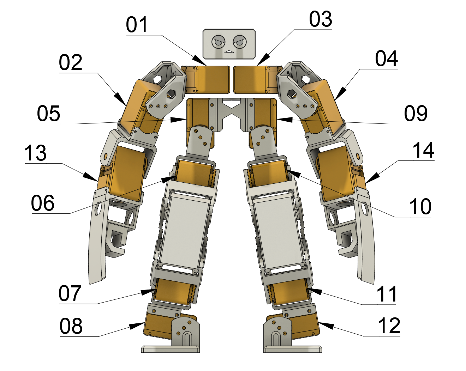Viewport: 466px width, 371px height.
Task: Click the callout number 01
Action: click(x=137, y=25)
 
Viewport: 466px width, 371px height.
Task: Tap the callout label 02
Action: click(x=71, y=63)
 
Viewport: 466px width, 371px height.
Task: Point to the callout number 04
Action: click(x=387, y=59)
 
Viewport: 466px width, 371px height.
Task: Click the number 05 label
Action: click(x=49, y=114)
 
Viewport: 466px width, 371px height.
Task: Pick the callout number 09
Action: click(x=416, y=114)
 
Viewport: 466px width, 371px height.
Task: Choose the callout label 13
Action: click(x=35, y=153)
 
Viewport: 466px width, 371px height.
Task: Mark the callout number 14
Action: click(x=423, y=151)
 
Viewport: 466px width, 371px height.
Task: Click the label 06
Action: click(x=43, y=203)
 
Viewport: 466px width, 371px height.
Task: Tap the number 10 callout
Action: click(x=420, y=207)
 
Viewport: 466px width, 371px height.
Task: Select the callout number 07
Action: click(x=70, y=293)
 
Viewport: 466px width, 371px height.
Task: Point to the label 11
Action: click(x=387, y=294)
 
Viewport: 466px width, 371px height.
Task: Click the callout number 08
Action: click(x=71, y=326)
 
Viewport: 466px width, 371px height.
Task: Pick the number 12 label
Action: click(x=389, y=326)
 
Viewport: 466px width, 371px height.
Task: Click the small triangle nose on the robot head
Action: click(x=229, y=51)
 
